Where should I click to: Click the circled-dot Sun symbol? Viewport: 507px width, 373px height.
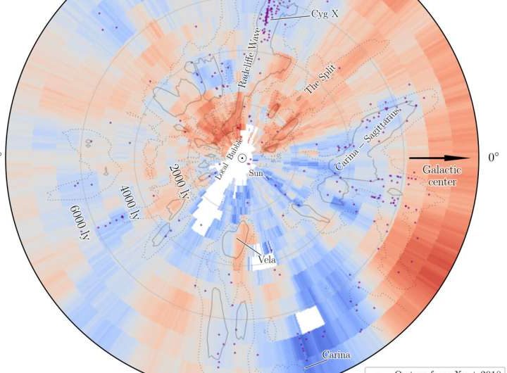pos(242,158)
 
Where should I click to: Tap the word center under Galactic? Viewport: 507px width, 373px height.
pos(442,182)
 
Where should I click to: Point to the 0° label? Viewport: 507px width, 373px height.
pos(494,158)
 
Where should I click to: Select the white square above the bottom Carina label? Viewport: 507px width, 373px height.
pos(308,320)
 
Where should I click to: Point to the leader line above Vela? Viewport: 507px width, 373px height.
pos(246,246)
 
